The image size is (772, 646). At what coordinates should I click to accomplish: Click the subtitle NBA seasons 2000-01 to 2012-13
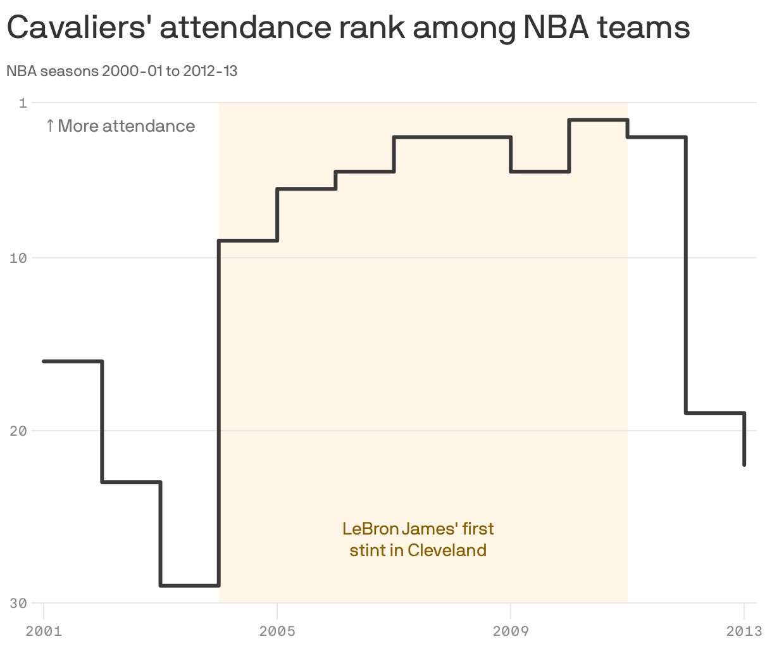click(x=122, y=71)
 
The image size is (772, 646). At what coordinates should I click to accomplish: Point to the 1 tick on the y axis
click(x=23, y=103)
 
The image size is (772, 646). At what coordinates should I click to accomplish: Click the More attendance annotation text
click(x=127, y=126)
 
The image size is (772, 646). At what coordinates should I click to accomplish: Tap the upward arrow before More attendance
click(x=50, y=126)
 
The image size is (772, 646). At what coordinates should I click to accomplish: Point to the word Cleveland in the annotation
click(x=447, y=550)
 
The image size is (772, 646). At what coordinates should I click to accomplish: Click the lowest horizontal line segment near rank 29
click(x=190, y=585)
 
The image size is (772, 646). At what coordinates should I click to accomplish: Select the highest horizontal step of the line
click(x=599, y=120)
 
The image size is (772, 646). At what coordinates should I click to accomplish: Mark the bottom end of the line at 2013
click(x=744, y=465)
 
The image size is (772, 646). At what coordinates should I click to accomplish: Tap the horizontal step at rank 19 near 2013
click(x=715, y=413)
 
